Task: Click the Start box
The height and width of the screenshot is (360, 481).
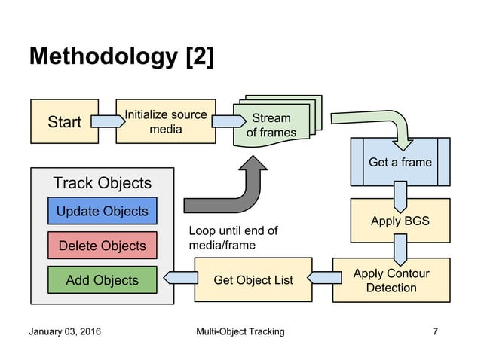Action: coord(64,121)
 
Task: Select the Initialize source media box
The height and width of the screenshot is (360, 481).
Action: coord(165,121)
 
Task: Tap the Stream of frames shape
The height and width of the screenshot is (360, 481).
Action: coord(271,124)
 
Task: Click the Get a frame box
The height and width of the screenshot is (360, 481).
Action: coord(400,161)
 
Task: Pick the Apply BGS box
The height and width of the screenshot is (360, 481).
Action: coord(400,221)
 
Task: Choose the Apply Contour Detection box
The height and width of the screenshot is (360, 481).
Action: coord(391,280)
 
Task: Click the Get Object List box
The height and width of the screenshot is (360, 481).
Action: coord(253,280)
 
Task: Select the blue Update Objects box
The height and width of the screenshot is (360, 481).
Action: coord(103,211)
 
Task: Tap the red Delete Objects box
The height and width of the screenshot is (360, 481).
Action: coord(103,246)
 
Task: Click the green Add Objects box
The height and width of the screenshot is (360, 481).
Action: coord(103,280)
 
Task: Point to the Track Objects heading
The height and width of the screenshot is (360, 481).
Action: coord(103,183)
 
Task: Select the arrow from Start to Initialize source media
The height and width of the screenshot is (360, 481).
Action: coord(103,121)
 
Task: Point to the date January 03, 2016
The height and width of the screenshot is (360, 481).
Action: coord(65,332)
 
